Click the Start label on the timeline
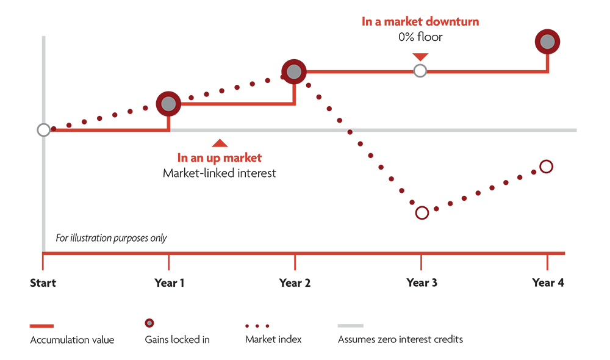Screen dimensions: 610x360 coord(43,283)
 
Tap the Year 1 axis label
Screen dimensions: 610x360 coord(169,283)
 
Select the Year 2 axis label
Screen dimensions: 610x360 coord(295,283)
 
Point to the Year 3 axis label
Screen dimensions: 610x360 coord(422,283)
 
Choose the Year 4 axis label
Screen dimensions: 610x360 coord(548,283)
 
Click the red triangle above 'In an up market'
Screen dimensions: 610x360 coord(220,143)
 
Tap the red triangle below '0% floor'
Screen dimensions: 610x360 coord(420,57)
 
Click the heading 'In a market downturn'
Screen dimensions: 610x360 coord(420,22)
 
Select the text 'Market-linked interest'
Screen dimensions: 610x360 coord(220,173)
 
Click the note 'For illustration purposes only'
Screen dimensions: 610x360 coord(111,238)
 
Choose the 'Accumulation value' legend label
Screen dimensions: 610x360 coord(73,340)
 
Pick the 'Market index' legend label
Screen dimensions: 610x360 coord(273,339)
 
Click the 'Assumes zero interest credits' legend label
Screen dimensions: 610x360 coord(400,339)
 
